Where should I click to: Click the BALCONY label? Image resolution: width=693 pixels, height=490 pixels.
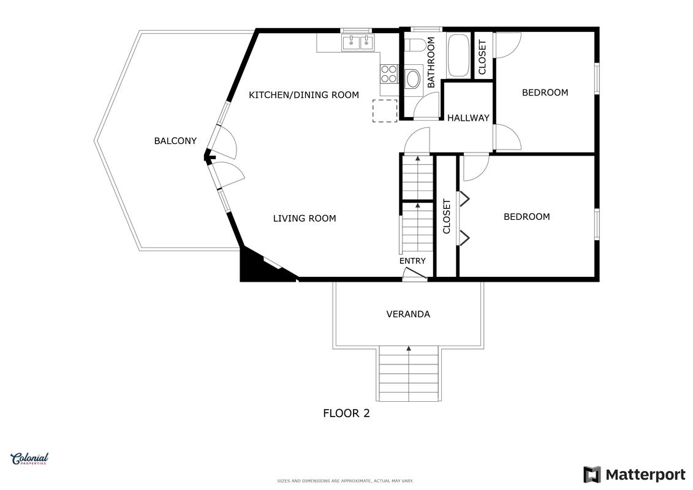click(x=175, y=141)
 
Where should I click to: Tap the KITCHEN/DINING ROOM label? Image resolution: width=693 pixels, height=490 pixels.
click(x=304, y=95)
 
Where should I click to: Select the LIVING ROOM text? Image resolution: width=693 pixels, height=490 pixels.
click(x=305, y=218)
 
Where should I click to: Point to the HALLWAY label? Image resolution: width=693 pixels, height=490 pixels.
click(x=468, y=118)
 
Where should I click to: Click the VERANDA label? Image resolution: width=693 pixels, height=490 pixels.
click(x=408, y=314)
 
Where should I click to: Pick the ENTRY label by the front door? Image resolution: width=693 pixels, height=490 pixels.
click(x=412, y=261)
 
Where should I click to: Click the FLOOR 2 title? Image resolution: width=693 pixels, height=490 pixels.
click(x=347, y=413)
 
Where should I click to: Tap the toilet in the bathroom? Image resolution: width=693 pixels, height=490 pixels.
click(x=415, y=45)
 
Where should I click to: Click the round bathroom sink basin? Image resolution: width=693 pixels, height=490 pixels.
click(x=414, y=79)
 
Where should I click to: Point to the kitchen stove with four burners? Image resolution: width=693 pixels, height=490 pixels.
click(x=389, y=73)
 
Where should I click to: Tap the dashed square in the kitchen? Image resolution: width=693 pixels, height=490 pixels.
click(x=385, y=111)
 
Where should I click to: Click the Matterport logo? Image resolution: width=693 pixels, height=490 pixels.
click(x=634, y=475)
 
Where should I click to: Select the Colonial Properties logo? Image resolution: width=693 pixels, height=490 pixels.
click(x=29, y=459)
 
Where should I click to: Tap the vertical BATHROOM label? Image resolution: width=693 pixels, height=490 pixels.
click(x=431, y=62)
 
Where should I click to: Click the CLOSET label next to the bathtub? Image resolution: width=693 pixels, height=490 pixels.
click(x=482, y=58)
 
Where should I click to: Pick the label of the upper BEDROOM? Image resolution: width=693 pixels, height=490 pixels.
click(x=545, y=92)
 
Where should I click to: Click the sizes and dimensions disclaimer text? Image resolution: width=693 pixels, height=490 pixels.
click(x=345, y=481)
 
